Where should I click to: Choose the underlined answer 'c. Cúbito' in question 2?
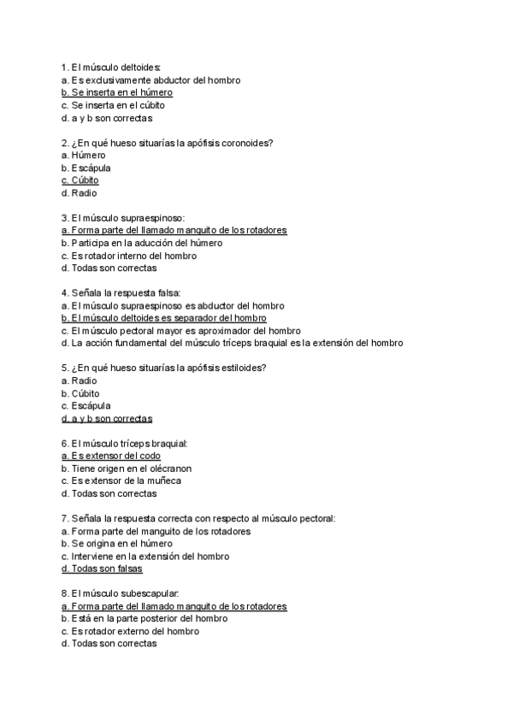(x=80, y=180)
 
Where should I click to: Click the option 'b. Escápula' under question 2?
(x=85, y=168)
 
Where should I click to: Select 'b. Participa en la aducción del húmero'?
(x=142, y=243)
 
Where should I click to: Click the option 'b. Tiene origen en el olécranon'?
(x=127, y=469)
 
